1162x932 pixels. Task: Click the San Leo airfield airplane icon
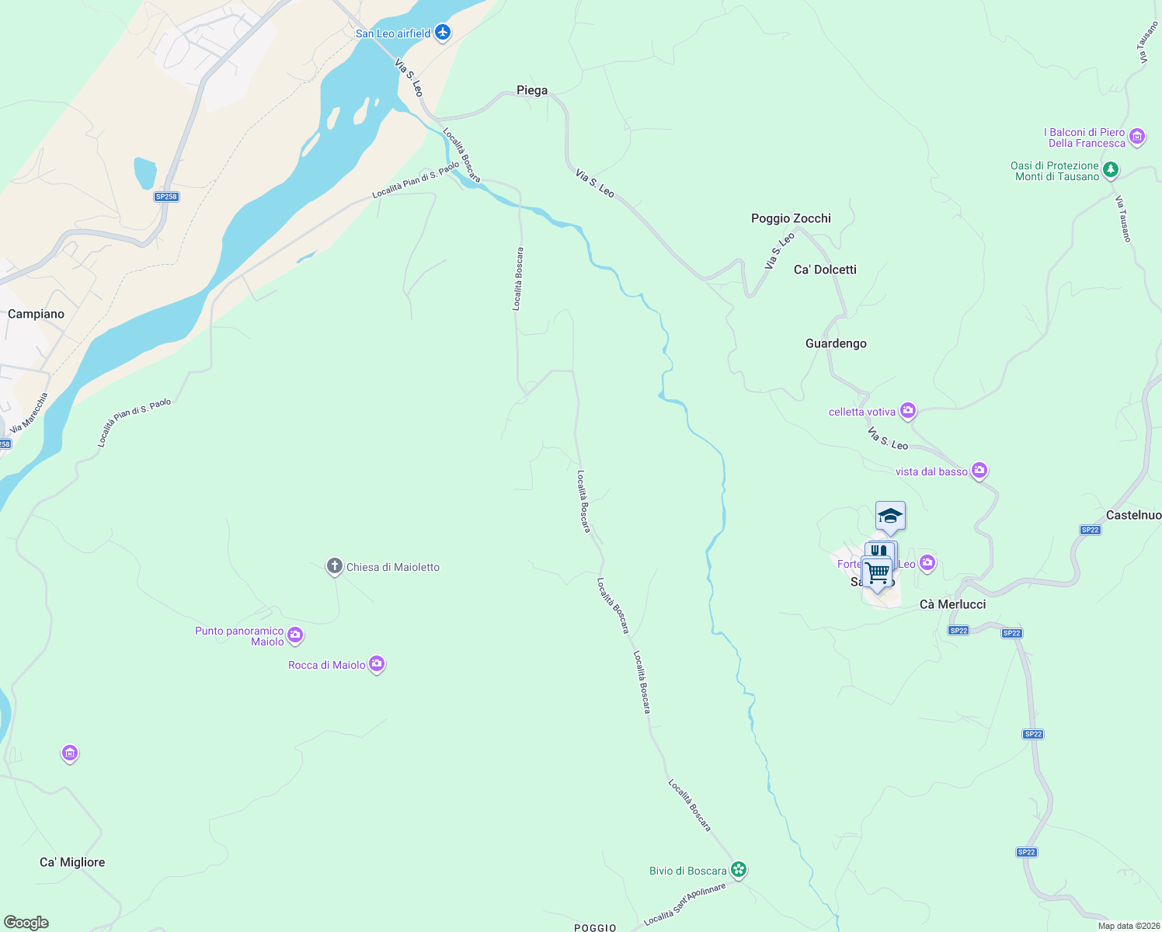tap(443, 33)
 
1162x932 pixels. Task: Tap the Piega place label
tap(532, 91)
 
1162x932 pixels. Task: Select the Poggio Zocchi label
tap(791, 218)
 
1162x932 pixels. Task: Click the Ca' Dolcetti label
tap(825, 270)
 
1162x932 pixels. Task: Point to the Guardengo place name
tap(836, 343)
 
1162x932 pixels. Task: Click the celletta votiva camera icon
tap(908, 411)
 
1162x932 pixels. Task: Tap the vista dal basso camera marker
tap(979, 471)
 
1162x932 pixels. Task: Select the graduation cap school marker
tap(890, 516)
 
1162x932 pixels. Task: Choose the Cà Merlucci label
tap(952, 604)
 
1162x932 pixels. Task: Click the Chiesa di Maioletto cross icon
tap(334, 566)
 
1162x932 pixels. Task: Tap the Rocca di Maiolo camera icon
tap(377, 664)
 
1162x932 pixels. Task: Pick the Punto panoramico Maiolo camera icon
tap(295, 635)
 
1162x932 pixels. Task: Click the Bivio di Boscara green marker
tap(739, 870)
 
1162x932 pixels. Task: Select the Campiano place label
tap(36, 314)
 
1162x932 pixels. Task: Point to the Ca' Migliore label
tap(72, 862)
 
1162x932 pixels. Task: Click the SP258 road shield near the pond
tap(166, 196)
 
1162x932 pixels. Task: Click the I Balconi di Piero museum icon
tap(1137, 137)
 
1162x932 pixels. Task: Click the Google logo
tap(26, 922)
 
